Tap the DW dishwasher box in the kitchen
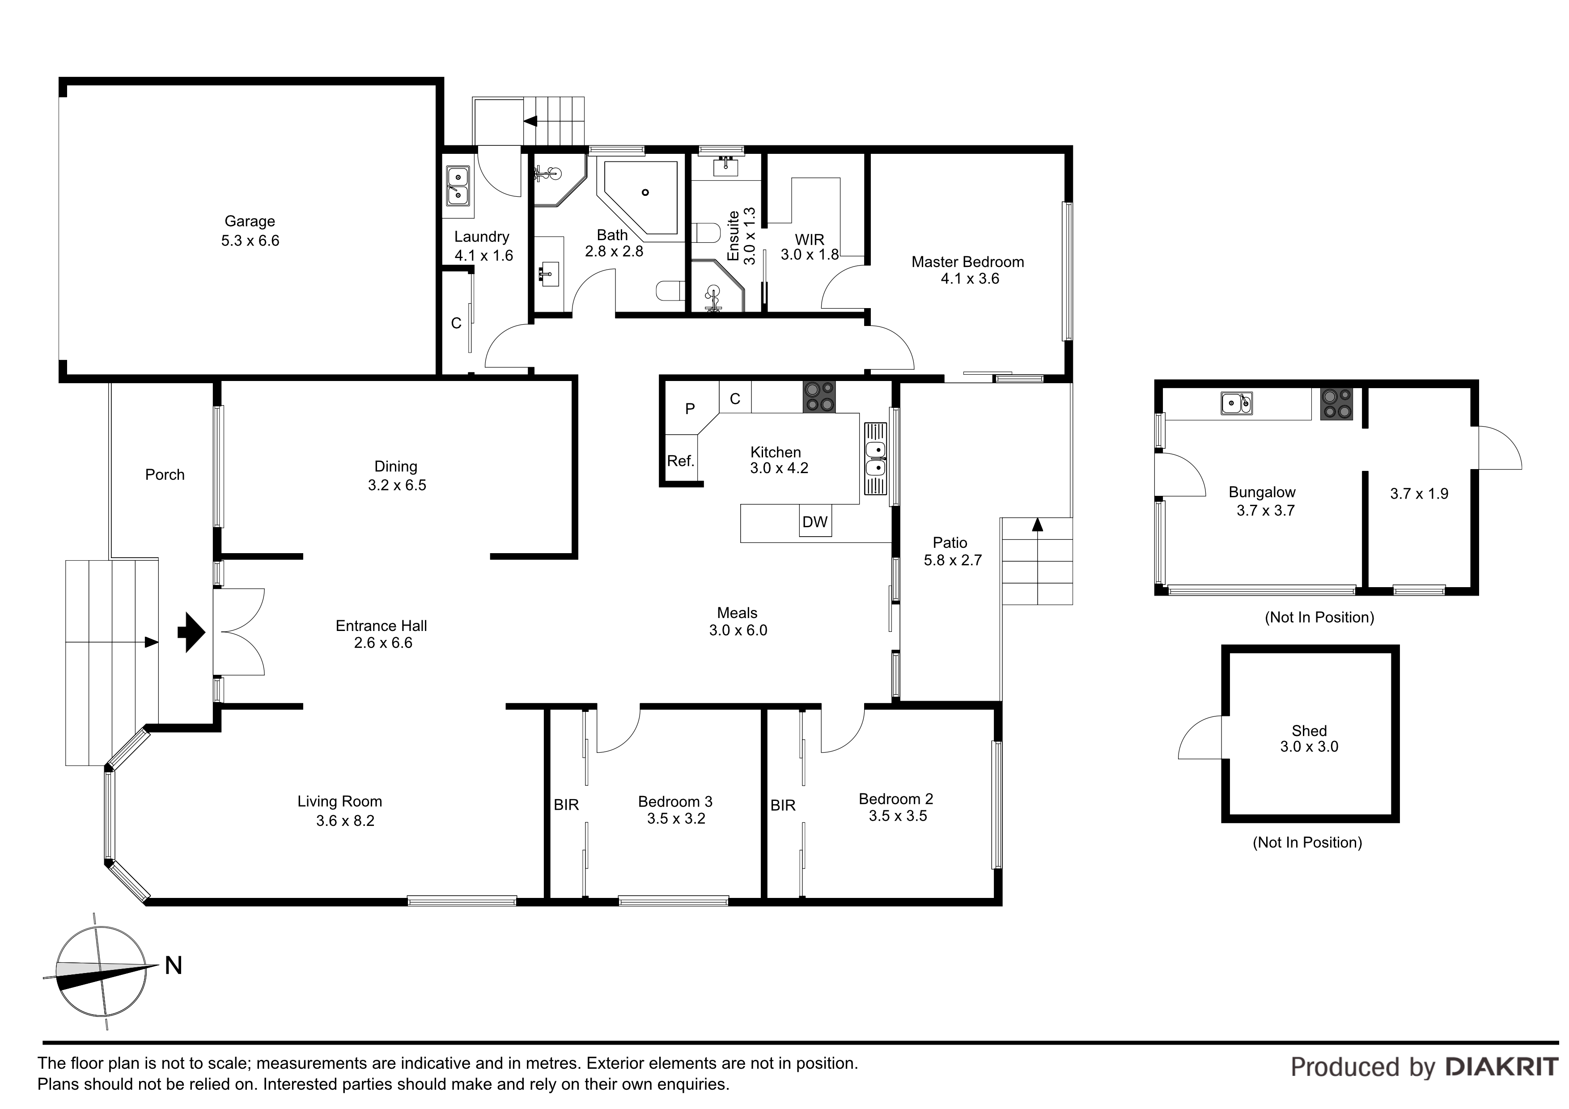[x=815, y=521]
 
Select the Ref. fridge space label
[x=681, y=461]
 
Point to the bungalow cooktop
[x=1336, y=404]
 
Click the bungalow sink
[x=1237, y=403]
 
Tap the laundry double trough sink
[x=458, y=186]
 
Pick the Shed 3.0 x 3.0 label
[x=1309, y=739]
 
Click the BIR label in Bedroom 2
[x=783, y=806]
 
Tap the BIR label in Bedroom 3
[x=567, y=805]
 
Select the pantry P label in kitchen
[x=690, y=409]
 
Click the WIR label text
[x=810, y=239]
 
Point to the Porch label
[x=165, y=474]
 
